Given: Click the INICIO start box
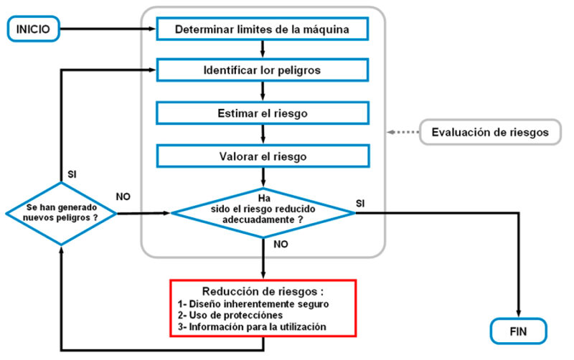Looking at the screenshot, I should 33,29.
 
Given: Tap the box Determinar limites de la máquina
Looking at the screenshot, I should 262,29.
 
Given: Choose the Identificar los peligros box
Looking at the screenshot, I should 262,71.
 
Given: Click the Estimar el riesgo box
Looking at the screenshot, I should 262,113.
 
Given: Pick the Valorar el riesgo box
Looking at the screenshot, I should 262,156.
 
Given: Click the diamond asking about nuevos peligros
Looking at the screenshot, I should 62,214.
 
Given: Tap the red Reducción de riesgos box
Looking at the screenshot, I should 263,306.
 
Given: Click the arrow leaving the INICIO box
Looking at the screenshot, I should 108,29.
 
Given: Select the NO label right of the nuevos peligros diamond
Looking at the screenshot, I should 123,195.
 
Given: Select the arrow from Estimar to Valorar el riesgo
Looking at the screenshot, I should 264,134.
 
